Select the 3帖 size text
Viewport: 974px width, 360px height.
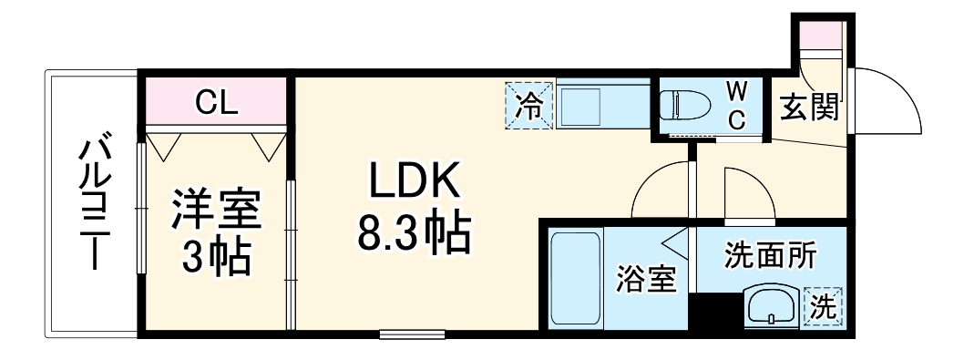coord(217,258)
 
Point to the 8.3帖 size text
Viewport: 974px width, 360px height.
coord(413,236)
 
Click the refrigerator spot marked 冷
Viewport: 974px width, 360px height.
coord(529,106)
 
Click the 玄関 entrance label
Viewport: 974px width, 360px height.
coord(808,108)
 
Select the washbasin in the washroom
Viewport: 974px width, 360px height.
coord(773,306)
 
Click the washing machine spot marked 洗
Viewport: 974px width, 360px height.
coord(823,306)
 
